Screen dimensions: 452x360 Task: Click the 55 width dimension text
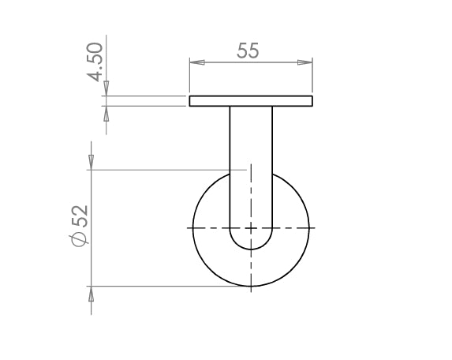248,51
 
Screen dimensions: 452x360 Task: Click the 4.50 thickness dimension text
95,62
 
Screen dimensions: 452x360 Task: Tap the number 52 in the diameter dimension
80,216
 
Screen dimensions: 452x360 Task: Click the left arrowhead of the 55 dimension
197,62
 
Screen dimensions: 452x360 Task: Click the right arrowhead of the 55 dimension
305,62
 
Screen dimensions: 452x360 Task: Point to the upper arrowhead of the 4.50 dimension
106,88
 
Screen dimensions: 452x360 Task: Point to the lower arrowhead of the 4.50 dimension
106,114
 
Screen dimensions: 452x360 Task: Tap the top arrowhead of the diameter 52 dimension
91,163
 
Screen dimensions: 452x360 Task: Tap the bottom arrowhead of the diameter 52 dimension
91,294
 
